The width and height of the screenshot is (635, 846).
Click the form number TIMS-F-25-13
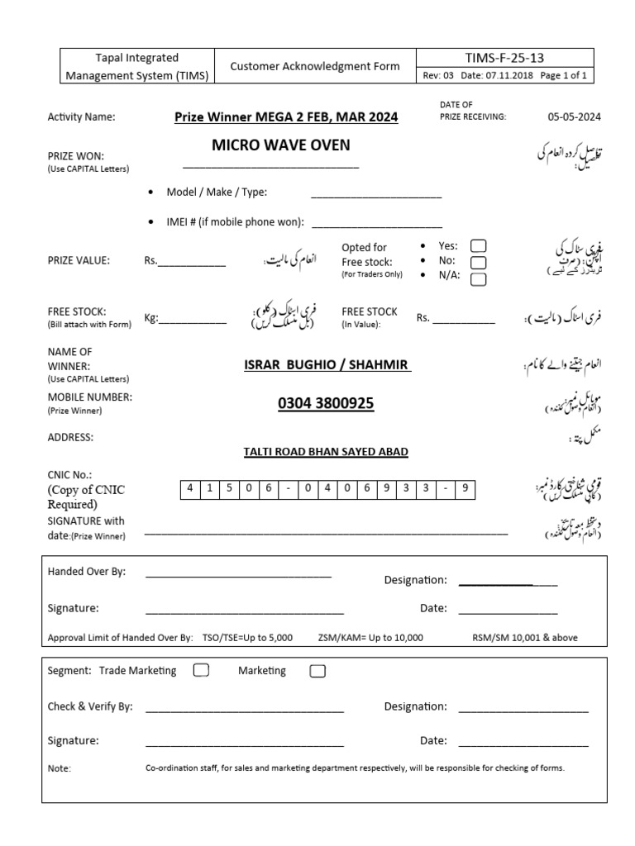504,58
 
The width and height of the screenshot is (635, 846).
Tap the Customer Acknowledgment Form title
314,66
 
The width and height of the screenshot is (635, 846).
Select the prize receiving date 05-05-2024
573,116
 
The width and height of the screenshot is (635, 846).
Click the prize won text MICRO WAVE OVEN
280,145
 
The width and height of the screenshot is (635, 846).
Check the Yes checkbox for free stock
478,245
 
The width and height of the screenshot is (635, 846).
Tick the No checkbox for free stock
478,262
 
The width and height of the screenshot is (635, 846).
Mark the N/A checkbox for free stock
478,279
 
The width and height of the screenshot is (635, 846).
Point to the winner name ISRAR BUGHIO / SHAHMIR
327,364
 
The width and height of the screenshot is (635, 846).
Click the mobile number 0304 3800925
326,403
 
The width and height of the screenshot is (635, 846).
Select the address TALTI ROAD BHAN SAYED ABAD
326,452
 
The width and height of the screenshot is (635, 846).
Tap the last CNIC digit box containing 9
466,488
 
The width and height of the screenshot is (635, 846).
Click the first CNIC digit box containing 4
189,488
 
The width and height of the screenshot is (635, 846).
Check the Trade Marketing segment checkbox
201,670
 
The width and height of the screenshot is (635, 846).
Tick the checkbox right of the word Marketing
317,671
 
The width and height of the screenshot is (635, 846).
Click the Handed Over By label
87,572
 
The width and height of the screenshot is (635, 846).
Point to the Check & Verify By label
90,706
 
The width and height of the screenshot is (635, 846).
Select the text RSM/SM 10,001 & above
525,638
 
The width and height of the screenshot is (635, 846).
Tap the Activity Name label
81,116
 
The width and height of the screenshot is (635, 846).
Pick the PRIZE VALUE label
79,260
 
